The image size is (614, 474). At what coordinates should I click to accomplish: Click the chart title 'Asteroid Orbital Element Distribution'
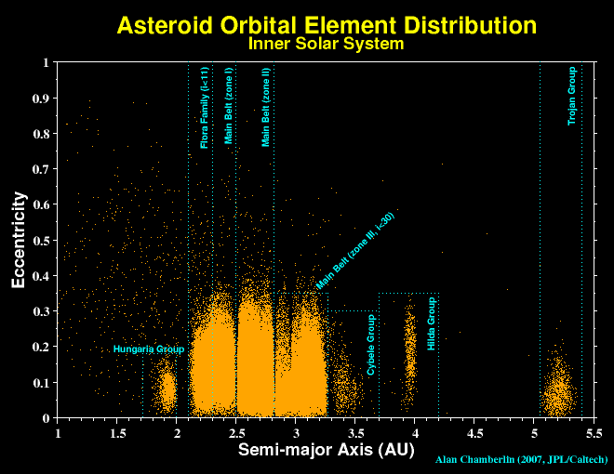(326, 25)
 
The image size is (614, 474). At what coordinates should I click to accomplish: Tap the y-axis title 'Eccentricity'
(20, 241)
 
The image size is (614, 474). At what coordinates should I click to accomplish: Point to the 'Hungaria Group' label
(149, 349)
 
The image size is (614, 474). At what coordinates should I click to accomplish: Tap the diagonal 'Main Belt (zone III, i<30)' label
(356, 251)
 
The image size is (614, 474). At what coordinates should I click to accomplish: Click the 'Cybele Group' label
(370, 345)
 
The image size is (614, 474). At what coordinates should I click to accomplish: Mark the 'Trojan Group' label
(573, 96)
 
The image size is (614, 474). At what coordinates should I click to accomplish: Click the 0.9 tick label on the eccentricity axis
(41, 99)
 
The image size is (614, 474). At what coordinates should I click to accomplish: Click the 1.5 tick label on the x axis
(117, 432)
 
